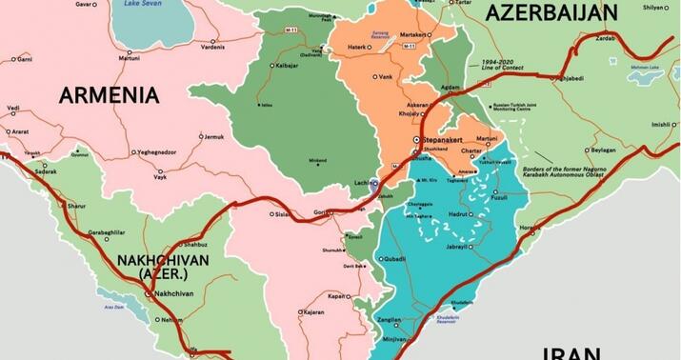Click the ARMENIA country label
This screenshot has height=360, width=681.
[109, 94]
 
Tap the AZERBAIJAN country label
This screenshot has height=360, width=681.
[551, 12]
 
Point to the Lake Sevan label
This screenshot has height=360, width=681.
[137, 3]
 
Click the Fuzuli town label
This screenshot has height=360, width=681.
[500, 197]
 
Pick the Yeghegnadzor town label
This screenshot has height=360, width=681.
[158, 152]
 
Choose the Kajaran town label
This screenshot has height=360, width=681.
[313, 311]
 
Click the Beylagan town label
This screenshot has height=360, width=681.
[603, 150]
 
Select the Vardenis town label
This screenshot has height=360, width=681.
[212, 47]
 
